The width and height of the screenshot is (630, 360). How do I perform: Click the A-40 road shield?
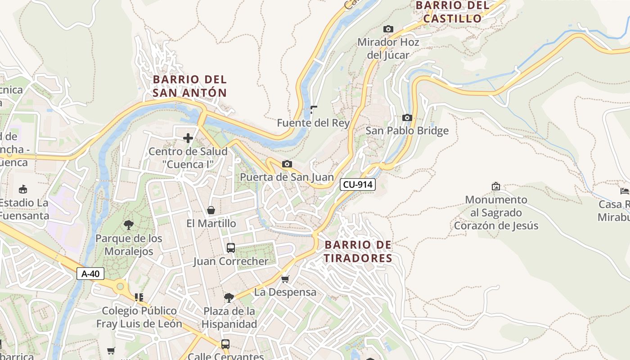coord(90,274)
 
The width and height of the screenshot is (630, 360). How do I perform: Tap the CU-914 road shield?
coord(357,184)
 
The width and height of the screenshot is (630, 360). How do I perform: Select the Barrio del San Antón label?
coord(189,86)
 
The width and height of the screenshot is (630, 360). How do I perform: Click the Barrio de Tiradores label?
coord(358,252)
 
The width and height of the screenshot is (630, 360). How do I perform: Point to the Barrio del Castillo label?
coord(452,12)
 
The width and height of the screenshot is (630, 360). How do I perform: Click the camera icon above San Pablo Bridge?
coord(407,118)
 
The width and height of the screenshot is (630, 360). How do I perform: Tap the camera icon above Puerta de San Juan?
coord(287,164)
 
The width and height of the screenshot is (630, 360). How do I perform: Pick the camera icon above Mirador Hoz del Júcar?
coord(388,29)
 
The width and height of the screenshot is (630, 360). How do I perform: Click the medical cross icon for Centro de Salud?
coord(188,138)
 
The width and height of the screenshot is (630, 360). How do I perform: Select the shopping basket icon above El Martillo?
coord(211,210)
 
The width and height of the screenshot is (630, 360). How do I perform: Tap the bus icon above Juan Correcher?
coord(230,248)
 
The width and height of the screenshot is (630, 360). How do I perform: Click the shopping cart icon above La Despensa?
coord(285,279)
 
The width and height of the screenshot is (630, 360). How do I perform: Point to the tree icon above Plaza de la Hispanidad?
coord(229,297)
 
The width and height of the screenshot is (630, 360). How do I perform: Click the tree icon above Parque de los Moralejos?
coord(129,225)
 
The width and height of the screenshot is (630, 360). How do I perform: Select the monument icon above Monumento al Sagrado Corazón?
coord(496,186)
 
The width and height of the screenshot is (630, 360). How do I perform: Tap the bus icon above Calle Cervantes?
coord(225,344)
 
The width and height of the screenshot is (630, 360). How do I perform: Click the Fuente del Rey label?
coord(313,123)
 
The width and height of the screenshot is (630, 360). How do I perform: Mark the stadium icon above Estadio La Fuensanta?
coord(23,189)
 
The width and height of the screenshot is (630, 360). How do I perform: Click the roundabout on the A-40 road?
coord(120,286)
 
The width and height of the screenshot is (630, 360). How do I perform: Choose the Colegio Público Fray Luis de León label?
coord(139,317)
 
